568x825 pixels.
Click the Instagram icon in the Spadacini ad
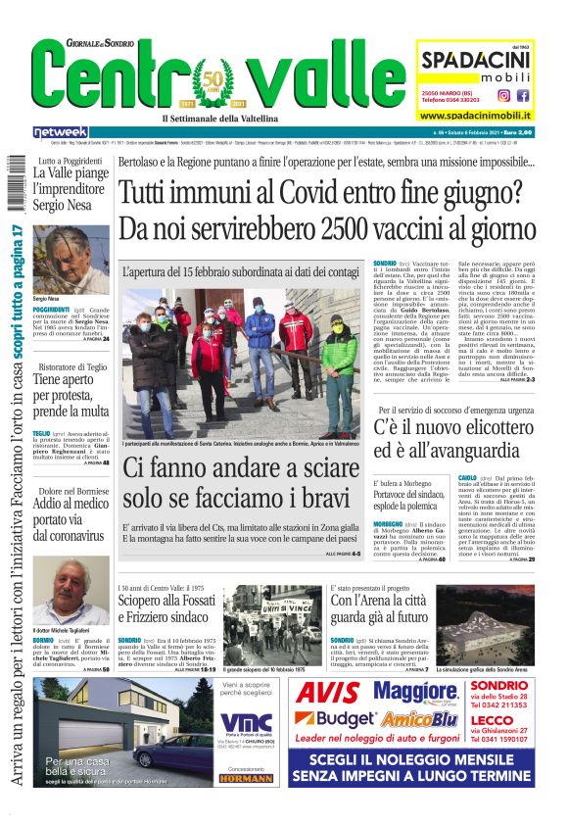(504, 95)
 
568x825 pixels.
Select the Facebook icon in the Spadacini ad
(523, 95)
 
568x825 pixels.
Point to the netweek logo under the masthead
(60, 131)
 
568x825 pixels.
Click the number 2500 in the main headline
(346, 227)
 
